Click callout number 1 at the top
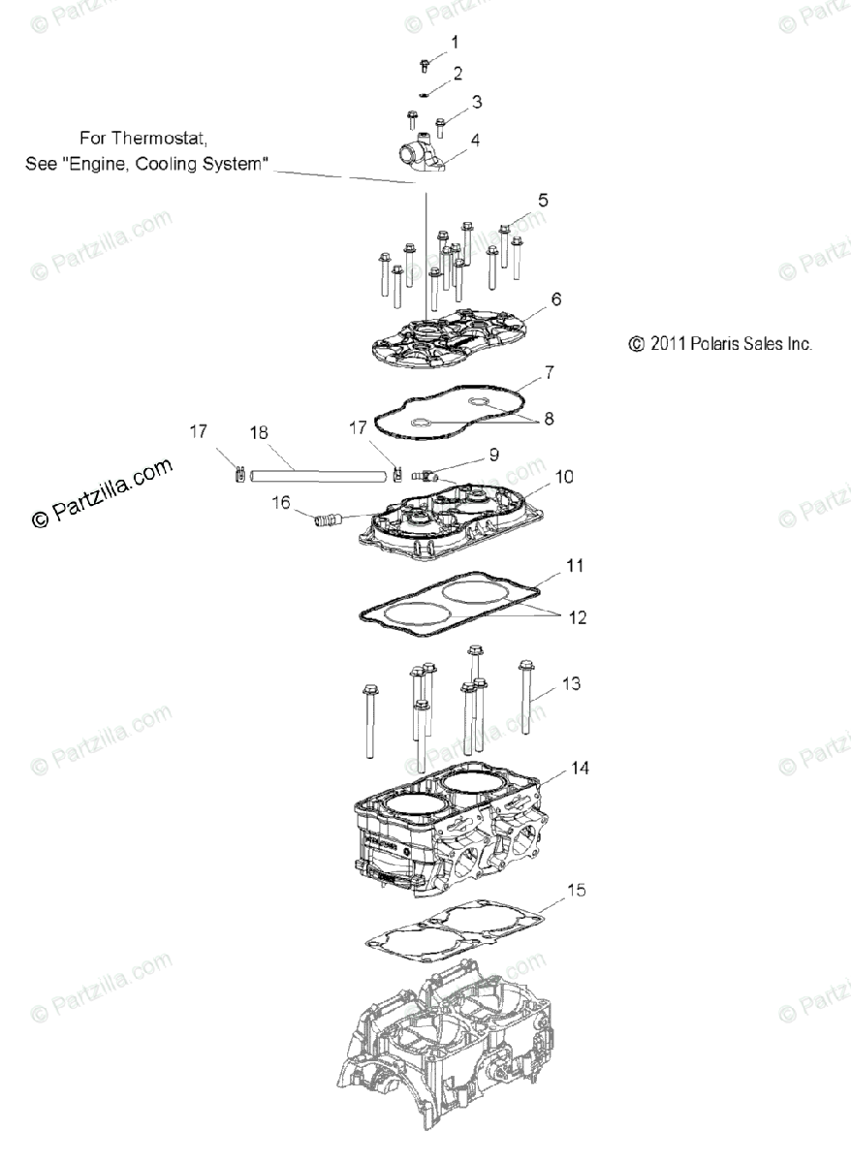pos(455,42)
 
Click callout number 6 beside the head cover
pos(555,299)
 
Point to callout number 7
pos(549,371)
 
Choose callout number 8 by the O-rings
pos(549,420)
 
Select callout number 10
pos(564,476)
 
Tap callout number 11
pos(574,563)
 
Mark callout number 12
pos(577,616)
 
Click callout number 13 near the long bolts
pos(571,684)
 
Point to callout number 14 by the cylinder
pos(579,769)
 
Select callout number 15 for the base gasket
pos(575,889)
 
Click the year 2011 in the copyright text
pos(667,343)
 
